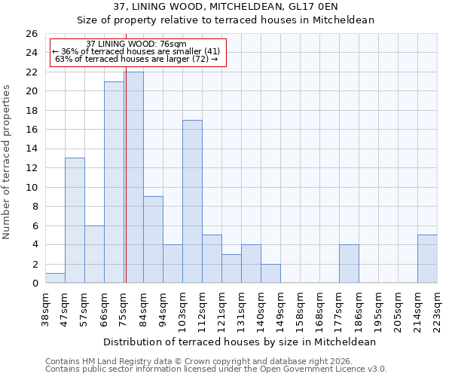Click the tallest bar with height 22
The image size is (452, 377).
tap(134, 177)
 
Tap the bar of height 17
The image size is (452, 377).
tap(192, 201)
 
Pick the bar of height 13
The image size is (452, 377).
tap(75, 220)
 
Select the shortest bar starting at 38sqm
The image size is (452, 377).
tap(55, 278)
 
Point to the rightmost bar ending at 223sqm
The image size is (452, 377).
tap(427, 259)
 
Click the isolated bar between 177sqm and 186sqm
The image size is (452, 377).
tap(349, 264)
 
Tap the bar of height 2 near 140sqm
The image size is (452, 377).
tap(270, 274)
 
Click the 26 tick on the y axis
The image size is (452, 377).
tap(31, 34)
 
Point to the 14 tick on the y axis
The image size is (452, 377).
tap(31, 149)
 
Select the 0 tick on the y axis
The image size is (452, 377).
tap(34, 284)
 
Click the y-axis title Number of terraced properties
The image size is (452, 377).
tap(8, 162)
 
